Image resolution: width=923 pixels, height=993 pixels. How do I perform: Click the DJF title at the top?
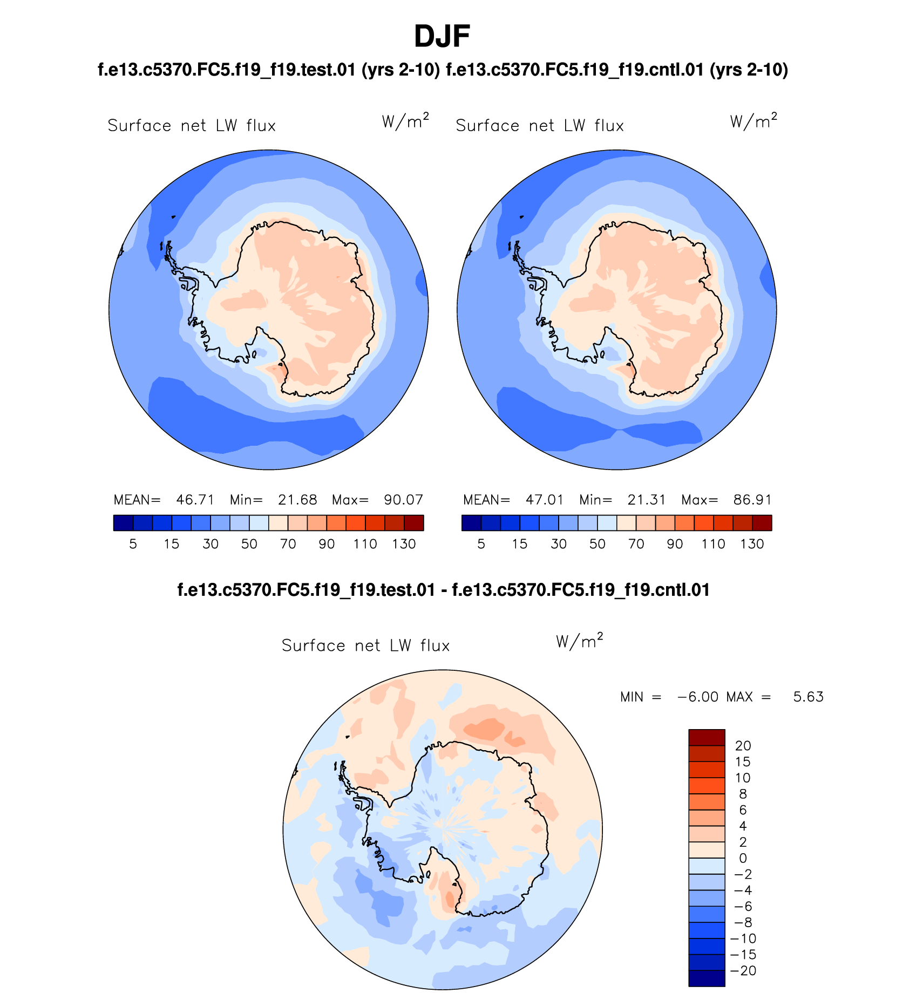click(442, 37)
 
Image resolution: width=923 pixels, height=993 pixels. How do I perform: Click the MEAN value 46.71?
click(195, 500)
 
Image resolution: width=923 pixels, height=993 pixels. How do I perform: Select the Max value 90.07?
click(403, 500)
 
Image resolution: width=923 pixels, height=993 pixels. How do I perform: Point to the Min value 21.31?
click(646, 500)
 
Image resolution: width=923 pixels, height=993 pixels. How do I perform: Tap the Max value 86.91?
click(752, 500)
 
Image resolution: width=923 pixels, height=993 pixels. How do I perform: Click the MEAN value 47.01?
click(544, 500)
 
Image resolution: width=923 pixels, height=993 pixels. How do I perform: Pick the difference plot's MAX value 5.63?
click(808, 697)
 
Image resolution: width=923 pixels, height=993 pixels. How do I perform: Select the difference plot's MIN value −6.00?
click(697, 697)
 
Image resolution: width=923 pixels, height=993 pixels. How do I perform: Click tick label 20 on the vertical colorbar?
click(743, 746)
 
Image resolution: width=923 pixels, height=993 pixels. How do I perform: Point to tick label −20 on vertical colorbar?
click(743, 971)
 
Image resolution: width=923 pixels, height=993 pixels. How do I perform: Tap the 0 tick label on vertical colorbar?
click(743, 859)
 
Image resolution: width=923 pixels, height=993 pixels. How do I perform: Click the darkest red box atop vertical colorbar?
click(707, 737)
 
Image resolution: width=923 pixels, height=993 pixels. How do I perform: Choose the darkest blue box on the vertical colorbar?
click(707, 978)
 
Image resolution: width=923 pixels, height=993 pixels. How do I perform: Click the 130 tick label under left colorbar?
click(404, 544)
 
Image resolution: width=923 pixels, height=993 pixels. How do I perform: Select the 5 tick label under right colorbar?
click(481, 544)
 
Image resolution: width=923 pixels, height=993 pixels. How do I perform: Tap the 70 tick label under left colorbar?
click(288, 544)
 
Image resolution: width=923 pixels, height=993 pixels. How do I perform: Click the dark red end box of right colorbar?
click(762, 523)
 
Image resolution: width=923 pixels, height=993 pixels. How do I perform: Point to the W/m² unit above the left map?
click(405, 121)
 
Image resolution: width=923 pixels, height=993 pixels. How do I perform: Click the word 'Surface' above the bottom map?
click(313, 645)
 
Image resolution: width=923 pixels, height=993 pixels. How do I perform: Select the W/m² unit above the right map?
click(754, 121)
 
